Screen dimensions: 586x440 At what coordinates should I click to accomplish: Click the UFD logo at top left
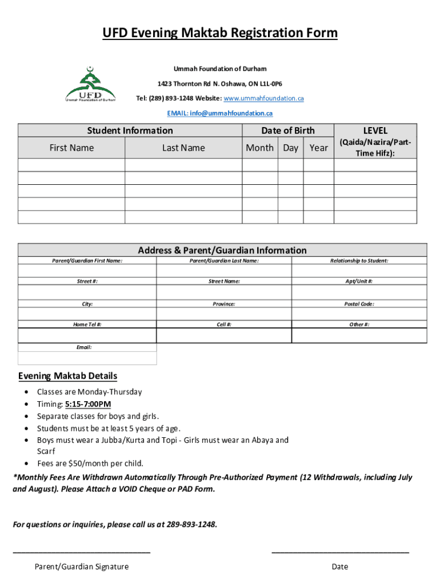90,84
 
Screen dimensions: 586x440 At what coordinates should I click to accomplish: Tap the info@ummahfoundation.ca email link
220,113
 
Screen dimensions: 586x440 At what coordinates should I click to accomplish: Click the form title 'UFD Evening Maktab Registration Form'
220,34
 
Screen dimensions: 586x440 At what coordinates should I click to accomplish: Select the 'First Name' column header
71,148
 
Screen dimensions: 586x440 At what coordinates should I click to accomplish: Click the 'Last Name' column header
183,148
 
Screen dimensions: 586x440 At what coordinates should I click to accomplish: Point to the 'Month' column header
259,148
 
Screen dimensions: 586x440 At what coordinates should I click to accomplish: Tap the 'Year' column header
318,148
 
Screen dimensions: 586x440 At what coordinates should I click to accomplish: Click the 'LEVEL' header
375,130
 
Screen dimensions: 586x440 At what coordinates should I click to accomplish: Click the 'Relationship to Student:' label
359,261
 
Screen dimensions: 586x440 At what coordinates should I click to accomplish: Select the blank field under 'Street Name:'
224,292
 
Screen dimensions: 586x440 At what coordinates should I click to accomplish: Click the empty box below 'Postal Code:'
359,314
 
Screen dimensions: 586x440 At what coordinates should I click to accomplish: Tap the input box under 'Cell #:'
224,335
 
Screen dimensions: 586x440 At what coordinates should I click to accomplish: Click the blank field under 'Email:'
87,358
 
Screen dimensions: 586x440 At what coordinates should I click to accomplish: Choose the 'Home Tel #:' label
87,324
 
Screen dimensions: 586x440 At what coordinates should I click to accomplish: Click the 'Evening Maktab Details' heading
67,376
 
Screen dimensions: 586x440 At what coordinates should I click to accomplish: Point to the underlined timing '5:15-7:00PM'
88,404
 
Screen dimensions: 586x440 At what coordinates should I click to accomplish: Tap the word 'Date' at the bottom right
339,567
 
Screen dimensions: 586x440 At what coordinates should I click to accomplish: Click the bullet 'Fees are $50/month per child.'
90,464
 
